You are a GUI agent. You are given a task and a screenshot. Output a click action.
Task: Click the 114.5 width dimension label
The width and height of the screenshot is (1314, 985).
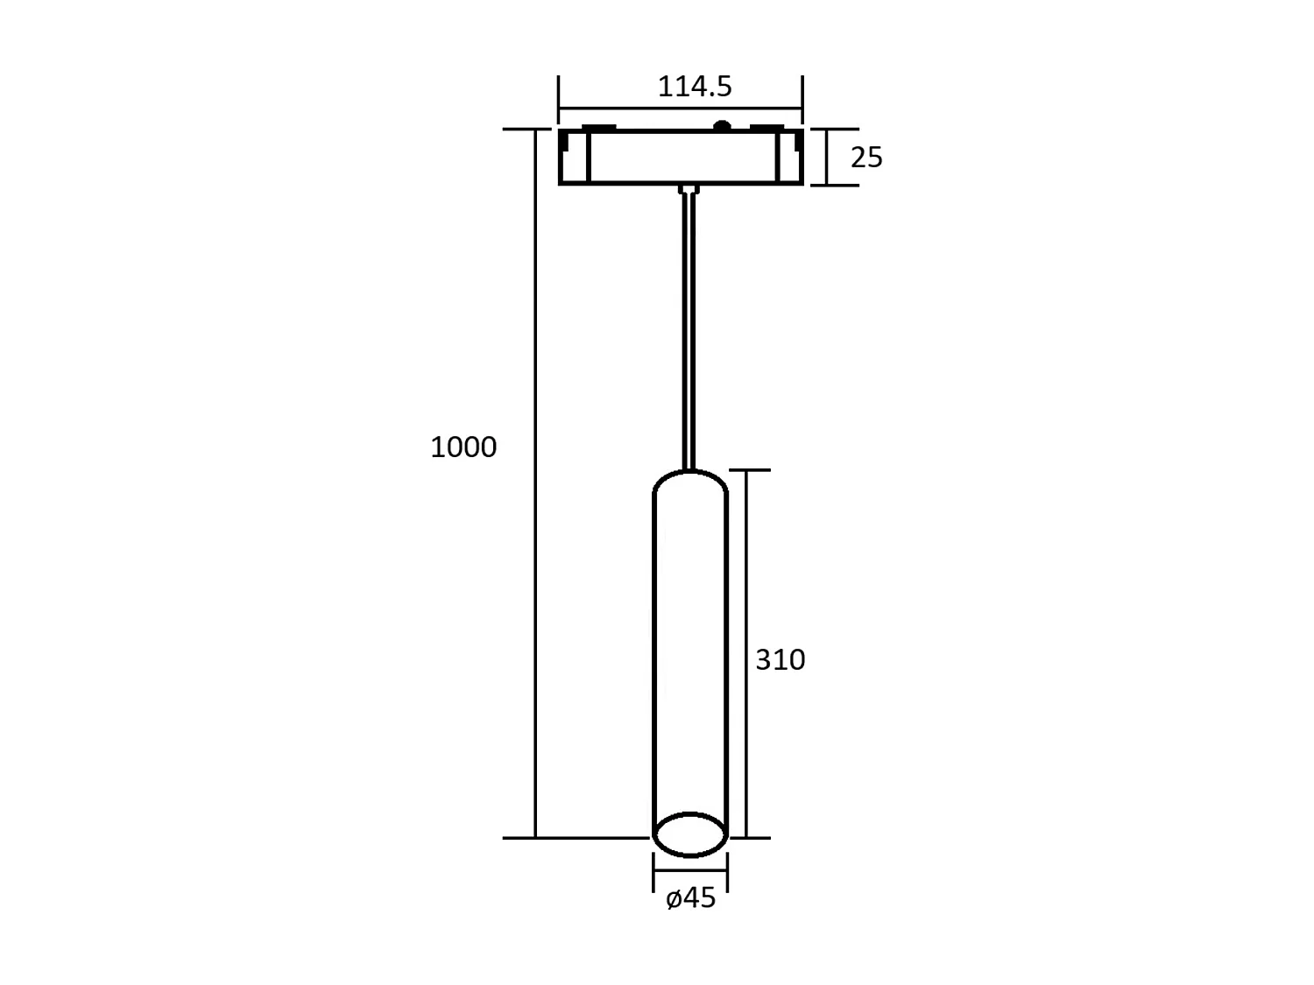(x=695, y=88)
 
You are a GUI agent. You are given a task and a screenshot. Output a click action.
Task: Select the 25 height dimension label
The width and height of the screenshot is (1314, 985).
(x=866, y=158)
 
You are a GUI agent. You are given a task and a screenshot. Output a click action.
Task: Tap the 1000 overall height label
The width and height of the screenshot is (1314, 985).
(x=463, y=447)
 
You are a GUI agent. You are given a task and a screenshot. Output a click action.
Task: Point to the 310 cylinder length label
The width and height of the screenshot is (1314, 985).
(x=780, y=659)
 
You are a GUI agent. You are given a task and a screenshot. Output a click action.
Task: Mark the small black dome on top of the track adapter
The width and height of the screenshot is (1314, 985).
(x=722, y=125)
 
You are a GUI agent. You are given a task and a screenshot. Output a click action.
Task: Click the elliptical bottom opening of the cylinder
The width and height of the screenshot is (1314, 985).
(x=690, y=834)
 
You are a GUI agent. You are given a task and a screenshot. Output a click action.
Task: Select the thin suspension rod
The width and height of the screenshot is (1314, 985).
(x=689, y=331)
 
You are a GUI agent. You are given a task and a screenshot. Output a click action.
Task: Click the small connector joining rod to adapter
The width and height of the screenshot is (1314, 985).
(x=689, y=189)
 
